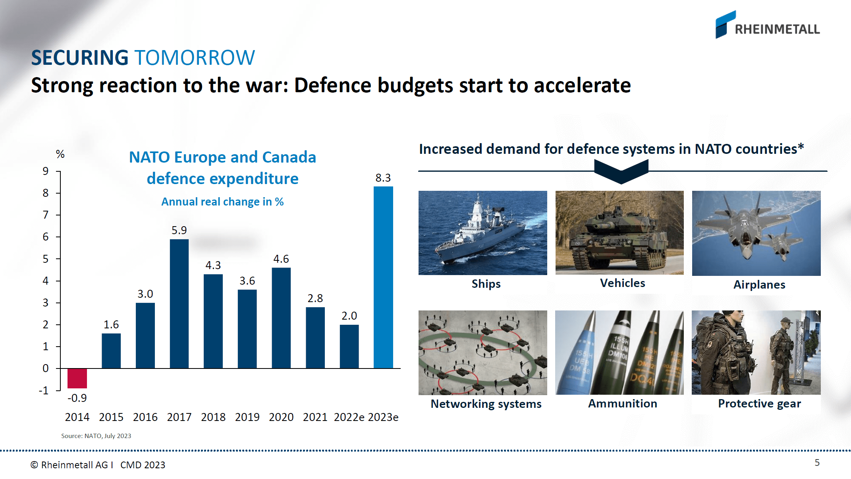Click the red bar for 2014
(x=77, y=378)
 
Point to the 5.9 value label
(x=179, y=230)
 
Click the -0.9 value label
(x=77, y=398)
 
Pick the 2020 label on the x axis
(x=281, y=417)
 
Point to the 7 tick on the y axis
(x=46, y=215)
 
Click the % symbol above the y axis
(x=60, y=154)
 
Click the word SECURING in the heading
(x=79, y=58)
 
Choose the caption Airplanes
(x=759, y=285)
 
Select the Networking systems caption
(x=486, y=404)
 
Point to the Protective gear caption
(x=759, y=403)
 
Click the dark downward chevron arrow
(x=621, y=171)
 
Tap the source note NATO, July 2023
(x=96, y=436)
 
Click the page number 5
(x=817, y=463)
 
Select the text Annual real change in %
(x=222, y=202)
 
